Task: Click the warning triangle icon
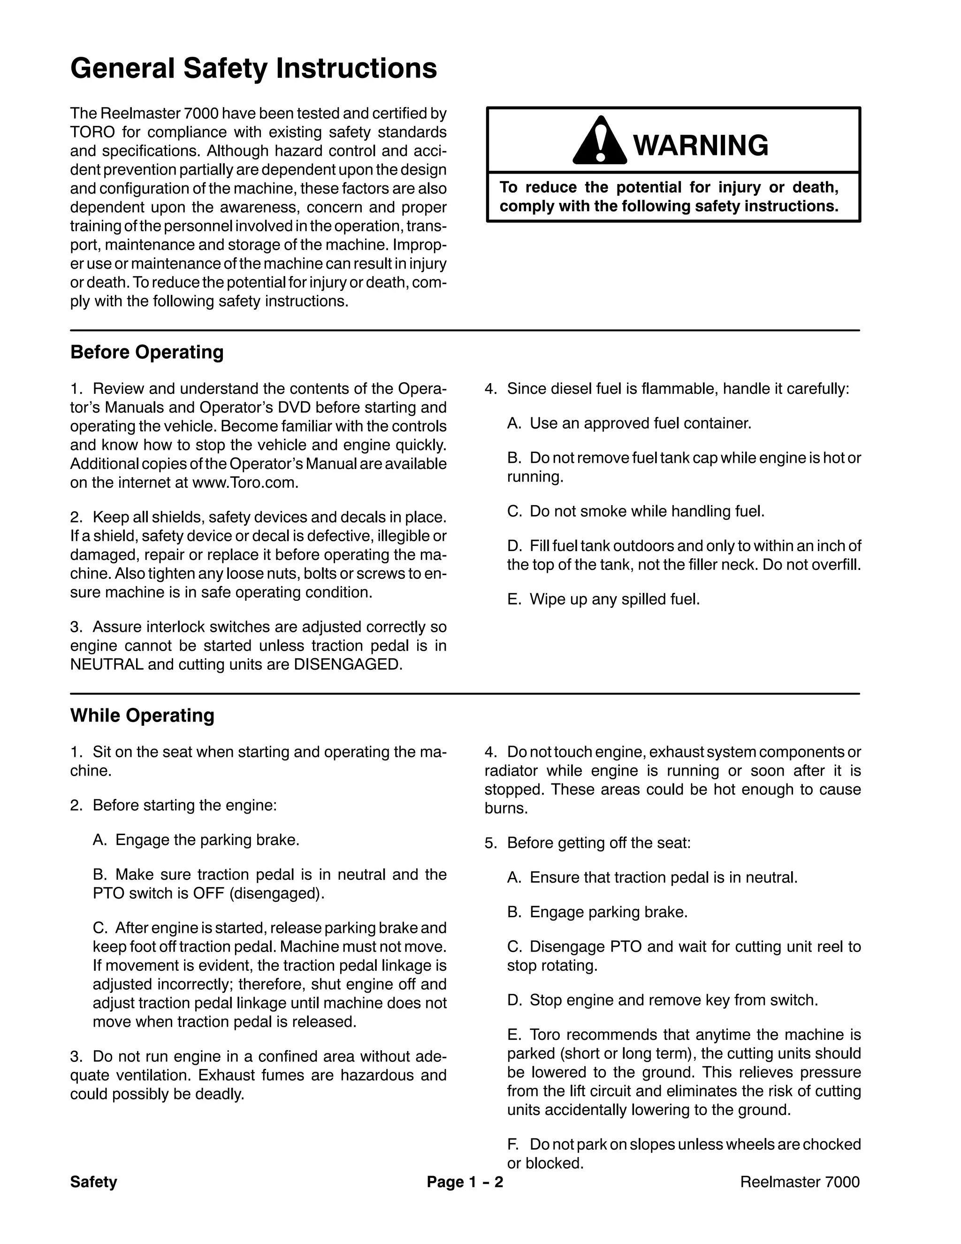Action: coord(599,142)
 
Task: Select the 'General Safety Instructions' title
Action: coord(253,69)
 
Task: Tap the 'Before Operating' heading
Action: coord(147,352)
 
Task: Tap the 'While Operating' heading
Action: coord(142,715)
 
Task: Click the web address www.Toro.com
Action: coord(245,483)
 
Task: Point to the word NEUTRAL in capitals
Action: coord(107,665)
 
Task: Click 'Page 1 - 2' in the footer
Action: coord(465,1183)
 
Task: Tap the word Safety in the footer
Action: coord(93,1183)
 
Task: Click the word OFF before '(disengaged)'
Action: coord(208,894)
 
